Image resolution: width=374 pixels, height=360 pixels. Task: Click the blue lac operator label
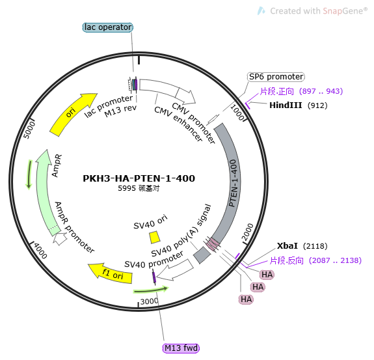(x=107, y=27)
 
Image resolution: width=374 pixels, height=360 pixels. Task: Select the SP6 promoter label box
(x=276, y=77)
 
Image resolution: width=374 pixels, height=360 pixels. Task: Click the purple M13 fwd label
(x=181, y=348)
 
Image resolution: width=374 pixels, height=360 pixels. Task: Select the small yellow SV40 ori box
(x=155, y=237)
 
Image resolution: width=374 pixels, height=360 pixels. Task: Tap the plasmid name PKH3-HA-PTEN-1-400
(x=139, y=178)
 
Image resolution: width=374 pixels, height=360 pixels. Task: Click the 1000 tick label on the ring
(x=237, y=113)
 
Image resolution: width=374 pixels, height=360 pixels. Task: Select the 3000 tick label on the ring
(x=149, y=301)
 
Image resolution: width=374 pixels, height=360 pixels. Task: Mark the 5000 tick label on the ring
(x=29, y=130)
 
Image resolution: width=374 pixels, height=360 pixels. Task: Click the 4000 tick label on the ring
(x=40, y=251)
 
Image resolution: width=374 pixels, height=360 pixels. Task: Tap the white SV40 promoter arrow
(x=175, y=270)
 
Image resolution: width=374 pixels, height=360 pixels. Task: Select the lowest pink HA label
(x=246, y=299)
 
